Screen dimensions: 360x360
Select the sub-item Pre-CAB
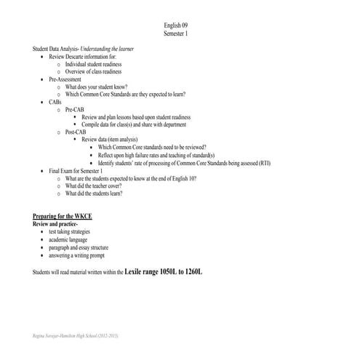[x=75, y=110]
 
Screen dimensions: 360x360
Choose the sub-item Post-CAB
[x=76, y=132]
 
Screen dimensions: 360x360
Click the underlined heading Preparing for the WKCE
[x=66, y=217]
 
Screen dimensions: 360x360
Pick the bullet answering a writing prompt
[x=76, y=255]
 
